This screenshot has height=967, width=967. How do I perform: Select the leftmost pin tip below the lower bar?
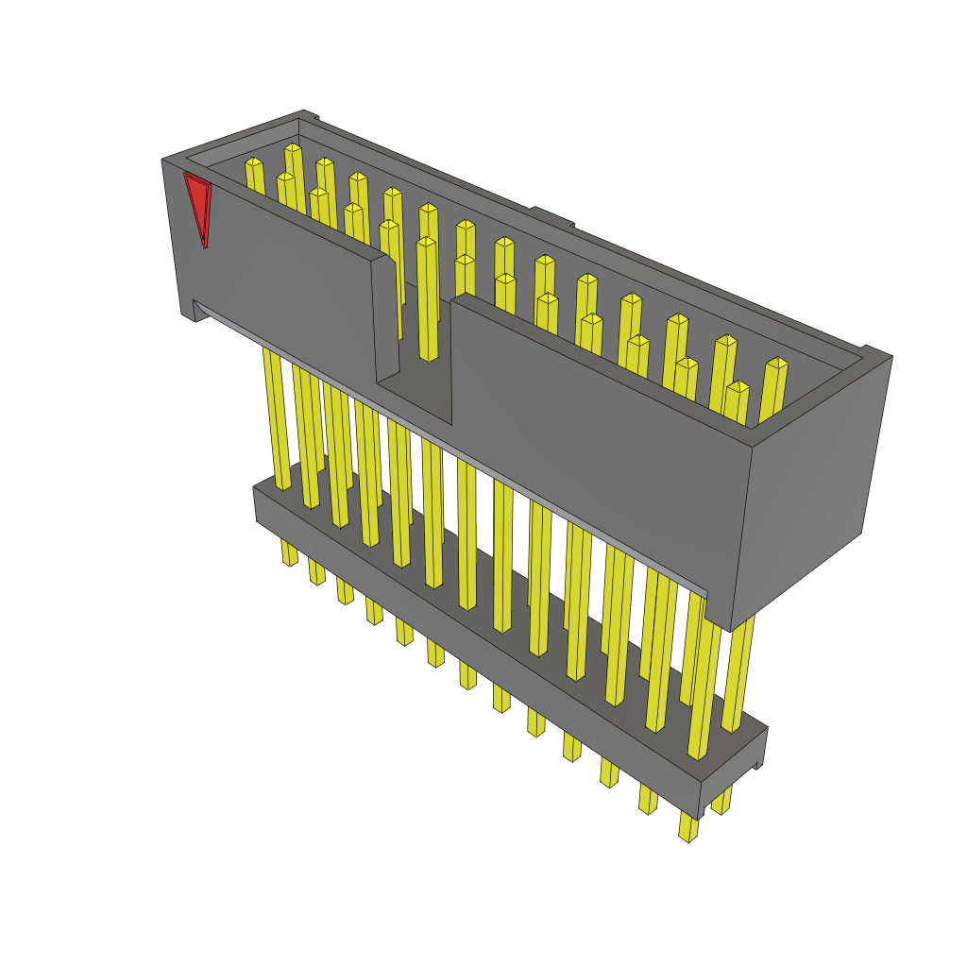point(289,555)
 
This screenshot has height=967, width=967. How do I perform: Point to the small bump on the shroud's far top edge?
point(551,217)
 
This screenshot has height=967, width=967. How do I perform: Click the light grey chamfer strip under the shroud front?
point(453,444)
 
